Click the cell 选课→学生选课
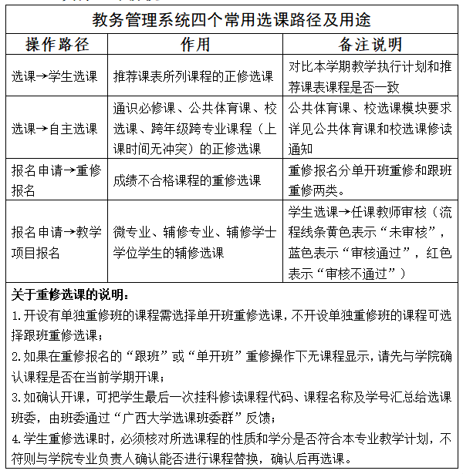(x=54, y=76)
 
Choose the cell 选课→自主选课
(x=54, y=127)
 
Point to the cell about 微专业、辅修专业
(x=194, y=242)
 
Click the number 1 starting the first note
(x=15, y=316)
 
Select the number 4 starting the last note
(x=15, y=439)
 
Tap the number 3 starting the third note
(x=15, y=398)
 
